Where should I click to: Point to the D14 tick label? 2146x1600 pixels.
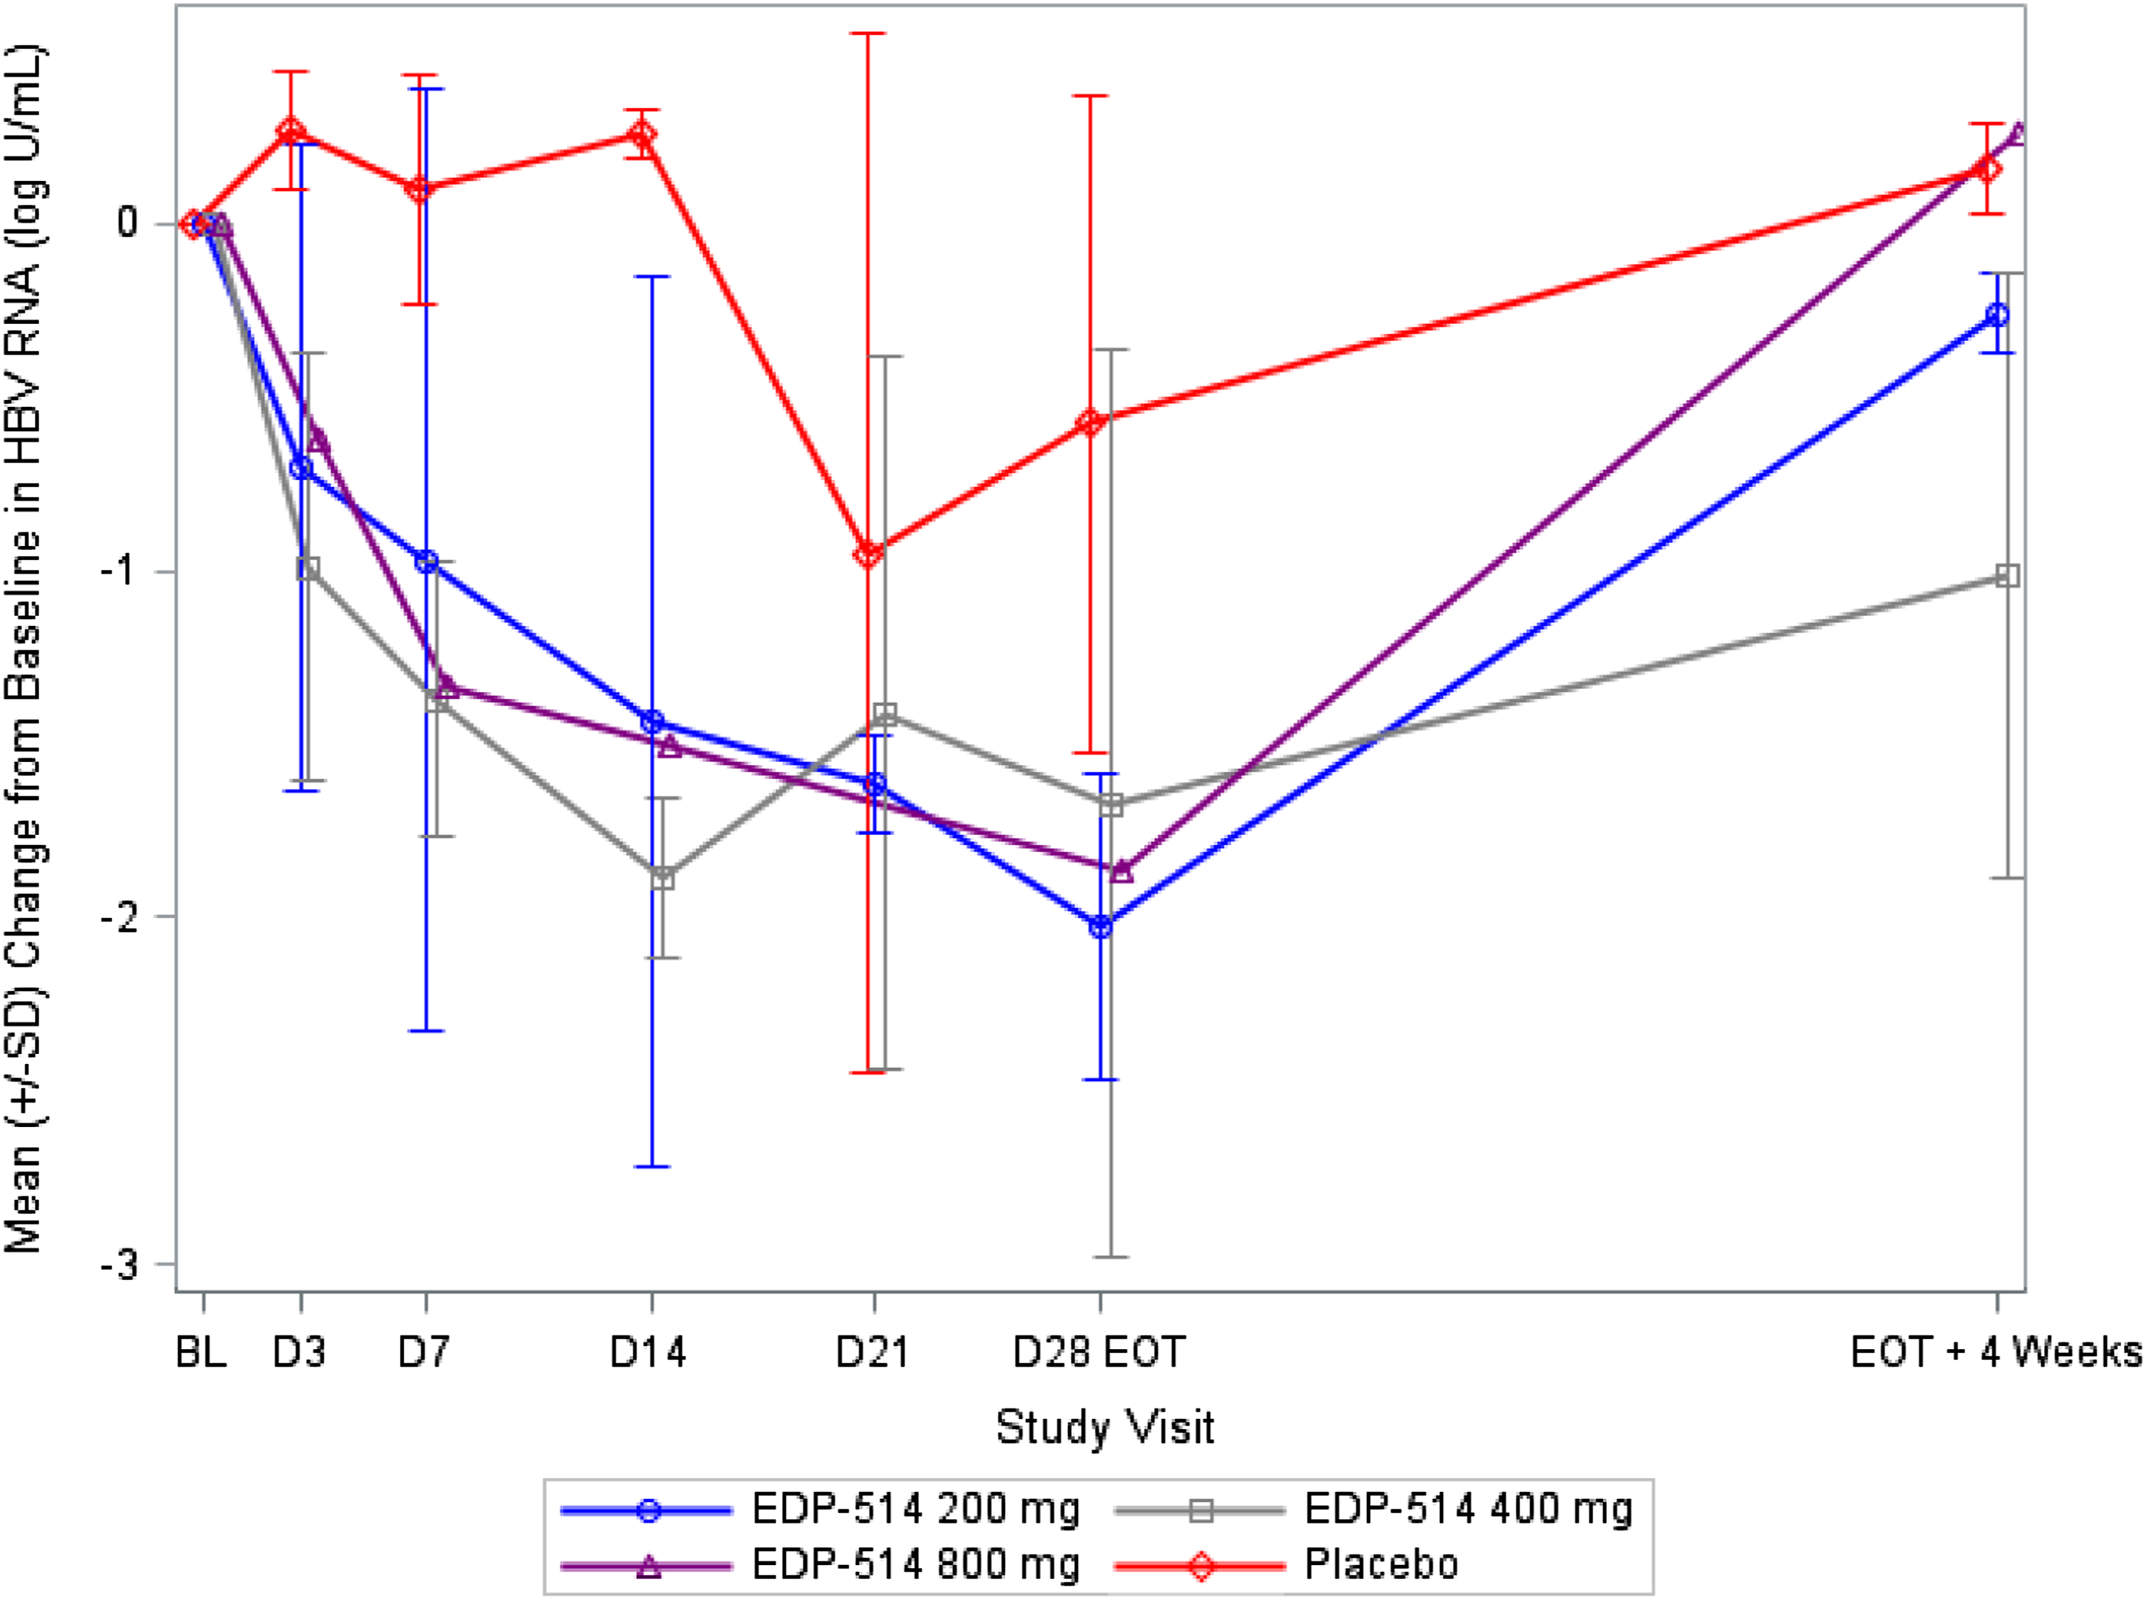coord(648,1352)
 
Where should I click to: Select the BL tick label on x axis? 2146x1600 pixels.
coord(201,1352)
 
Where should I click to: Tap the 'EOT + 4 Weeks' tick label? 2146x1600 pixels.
coord(1995,1352)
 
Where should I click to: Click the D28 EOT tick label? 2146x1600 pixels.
coord(1099,1352)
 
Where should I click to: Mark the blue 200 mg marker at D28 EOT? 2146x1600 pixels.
coord(1100,927)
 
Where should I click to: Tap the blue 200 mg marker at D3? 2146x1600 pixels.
coord(301,469)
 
